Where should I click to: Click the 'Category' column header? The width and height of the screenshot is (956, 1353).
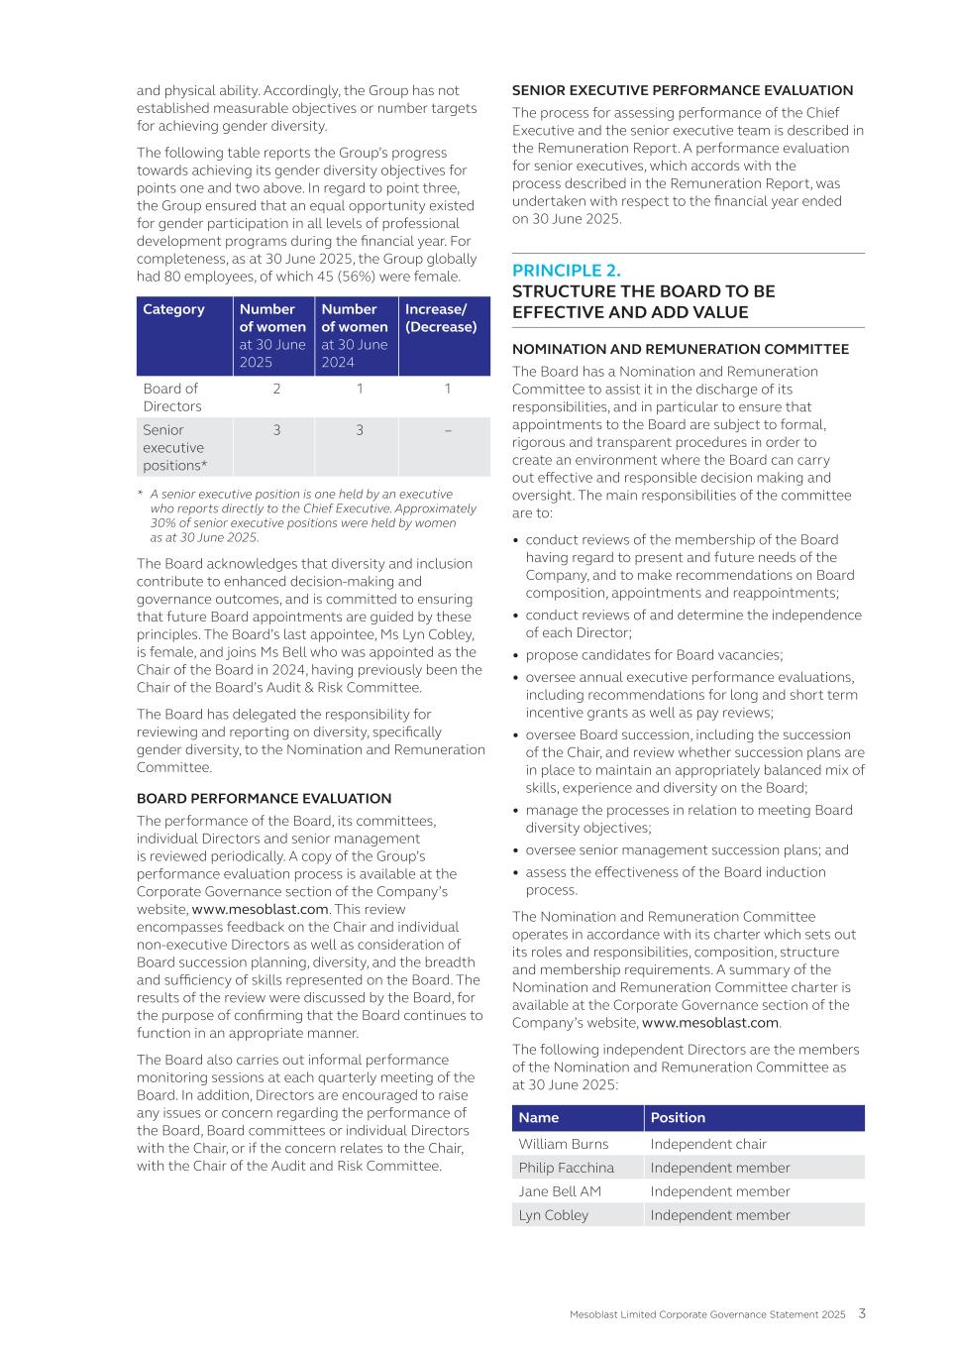point(173,309)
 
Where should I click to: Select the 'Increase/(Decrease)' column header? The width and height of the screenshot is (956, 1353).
point(441,318)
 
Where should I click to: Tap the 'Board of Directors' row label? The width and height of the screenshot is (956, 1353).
point(171,397)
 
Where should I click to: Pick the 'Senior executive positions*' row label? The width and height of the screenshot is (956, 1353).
point(174,448)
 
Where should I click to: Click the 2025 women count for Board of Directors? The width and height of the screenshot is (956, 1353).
point(276,389)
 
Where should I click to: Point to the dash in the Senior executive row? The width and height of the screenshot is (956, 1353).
point(448,430)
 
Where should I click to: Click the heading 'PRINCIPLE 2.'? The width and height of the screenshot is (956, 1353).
point(567,271)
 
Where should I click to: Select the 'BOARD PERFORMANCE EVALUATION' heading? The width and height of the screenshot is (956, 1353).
point(264,799)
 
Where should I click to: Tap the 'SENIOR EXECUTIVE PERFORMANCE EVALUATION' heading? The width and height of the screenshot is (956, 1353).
point(682,90)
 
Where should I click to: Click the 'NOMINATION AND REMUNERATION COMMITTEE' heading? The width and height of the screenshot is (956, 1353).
point(680,349)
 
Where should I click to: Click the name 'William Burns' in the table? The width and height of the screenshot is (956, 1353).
point(563,1144)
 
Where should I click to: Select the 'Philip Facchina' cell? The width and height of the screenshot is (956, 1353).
point(566,1168)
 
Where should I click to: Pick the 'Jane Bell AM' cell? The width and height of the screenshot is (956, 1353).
point(560,1191)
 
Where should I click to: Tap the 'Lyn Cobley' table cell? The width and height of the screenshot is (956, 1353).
point(553,1215)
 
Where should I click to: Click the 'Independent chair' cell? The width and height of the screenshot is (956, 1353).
point(708,1144)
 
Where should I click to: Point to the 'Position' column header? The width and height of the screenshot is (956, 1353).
point(678,1118)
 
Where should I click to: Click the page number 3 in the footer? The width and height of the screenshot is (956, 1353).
point(862,1313)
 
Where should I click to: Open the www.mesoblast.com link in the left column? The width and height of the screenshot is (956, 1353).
point(260,909)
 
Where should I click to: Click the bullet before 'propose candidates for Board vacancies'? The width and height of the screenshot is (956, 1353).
point(517,655)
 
